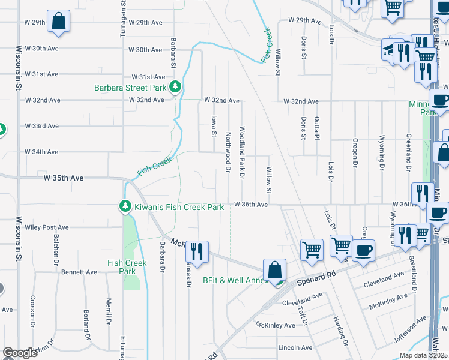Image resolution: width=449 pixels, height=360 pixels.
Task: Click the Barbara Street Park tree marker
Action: [175, 88]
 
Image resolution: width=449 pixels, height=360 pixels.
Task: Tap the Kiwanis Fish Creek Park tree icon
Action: [125, 207]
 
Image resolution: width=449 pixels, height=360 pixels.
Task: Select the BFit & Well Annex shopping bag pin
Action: [274, 269]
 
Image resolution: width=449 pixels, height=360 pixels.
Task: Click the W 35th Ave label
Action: [63, 178]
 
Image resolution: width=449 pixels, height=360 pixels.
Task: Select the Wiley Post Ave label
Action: [47, 228]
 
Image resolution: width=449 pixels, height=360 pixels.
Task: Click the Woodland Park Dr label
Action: [242, 152]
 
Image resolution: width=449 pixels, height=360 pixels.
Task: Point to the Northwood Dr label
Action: [228, 152]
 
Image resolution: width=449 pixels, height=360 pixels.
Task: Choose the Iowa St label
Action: [214, 126]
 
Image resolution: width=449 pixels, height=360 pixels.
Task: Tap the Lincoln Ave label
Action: [295, 347]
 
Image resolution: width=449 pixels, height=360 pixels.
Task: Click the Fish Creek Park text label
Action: [127, 267]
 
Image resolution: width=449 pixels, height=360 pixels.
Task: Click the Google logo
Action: [20, 353]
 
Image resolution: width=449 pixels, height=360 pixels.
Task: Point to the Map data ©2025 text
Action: [423, 355]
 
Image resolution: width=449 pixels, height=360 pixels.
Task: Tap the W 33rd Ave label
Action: [41, 126]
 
